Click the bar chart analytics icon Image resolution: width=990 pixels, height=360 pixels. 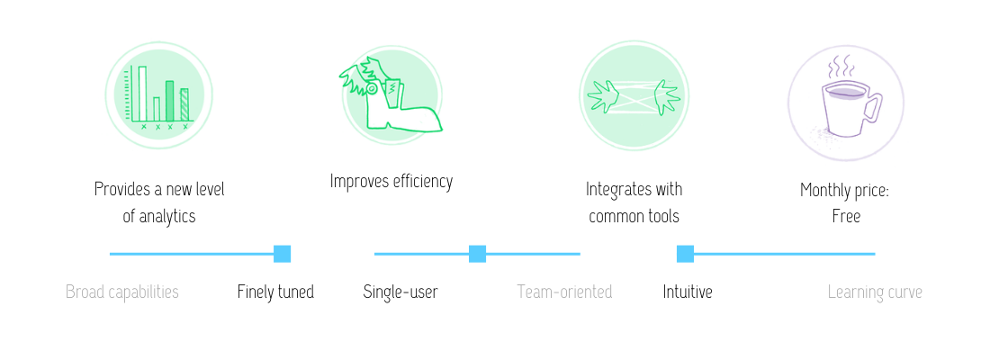click(x=159, y=96)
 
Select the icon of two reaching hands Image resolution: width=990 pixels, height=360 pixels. click(x=634, y=95)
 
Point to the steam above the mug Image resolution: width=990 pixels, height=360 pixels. click(x=841, y=66)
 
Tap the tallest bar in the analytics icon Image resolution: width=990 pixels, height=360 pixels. click(x=141, y=94)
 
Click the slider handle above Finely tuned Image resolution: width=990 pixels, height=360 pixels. click(x=282, y=254)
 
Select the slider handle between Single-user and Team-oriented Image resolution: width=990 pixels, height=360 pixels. click(x=477, y=254)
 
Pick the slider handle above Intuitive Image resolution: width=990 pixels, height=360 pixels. click(x=685, y=254)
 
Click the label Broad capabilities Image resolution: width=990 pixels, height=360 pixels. click(x=122, y=292)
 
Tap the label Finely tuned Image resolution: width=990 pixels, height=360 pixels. click(x=275, y=292)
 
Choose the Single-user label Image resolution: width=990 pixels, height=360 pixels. click(x=400, y=292)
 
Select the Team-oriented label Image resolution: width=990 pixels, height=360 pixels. click(x=564, y=292)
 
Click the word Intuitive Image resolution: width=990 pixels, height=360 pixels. click(x=688, y=292)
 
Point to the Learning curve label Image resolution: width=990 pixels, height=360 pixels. click(x=875, y=292)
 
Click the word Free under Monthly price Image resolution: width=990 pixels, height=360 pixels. click(x=846, y=217)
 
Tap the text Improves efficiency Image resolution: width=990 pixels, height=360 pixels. click(x=391, y=182)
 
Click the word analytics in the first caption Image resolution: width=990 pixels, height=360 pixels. click(x=167, y=217)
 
